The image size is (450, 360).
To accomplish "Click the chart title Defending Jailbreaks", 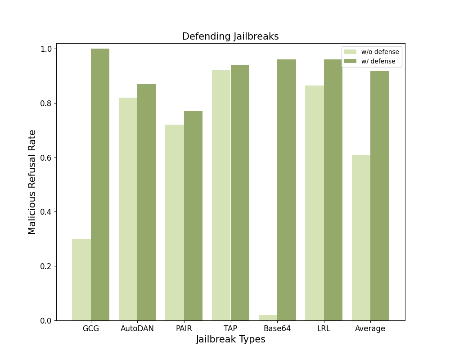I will coord(230,36).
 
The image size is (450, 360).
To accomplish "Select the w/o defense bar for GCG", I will coord(81,279).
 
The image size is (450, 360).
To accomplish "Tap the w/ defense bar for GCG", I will coord(100,184).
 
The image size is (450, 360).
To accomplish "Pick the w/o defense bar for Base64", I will coord(268,318).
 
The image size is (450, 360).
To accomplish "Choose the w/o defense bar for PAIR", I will coord(175,222).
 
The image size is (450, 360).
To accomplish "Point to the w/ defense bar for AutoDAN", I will coord(147,202).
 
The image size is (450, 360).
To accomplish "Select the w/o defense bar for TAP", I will coord(221,195).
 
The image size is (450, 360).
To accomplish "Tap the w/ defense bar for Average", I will coord(380,196).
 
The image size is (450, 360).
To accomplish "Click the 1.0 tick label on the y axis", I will coord(47,49).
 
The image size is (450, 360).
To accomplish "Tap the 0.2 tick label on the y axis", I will coord(47,266).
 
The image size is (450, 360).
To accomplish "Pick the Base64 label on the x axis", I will coord(277,328).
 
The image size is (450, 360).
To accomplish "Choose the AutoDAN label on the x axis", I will coord(137,328).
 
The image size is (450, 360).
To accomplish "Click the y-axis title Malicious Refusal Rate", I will coord(32,182).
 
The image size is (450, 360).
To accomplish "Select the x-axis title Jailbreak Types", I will coord(230,340).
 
